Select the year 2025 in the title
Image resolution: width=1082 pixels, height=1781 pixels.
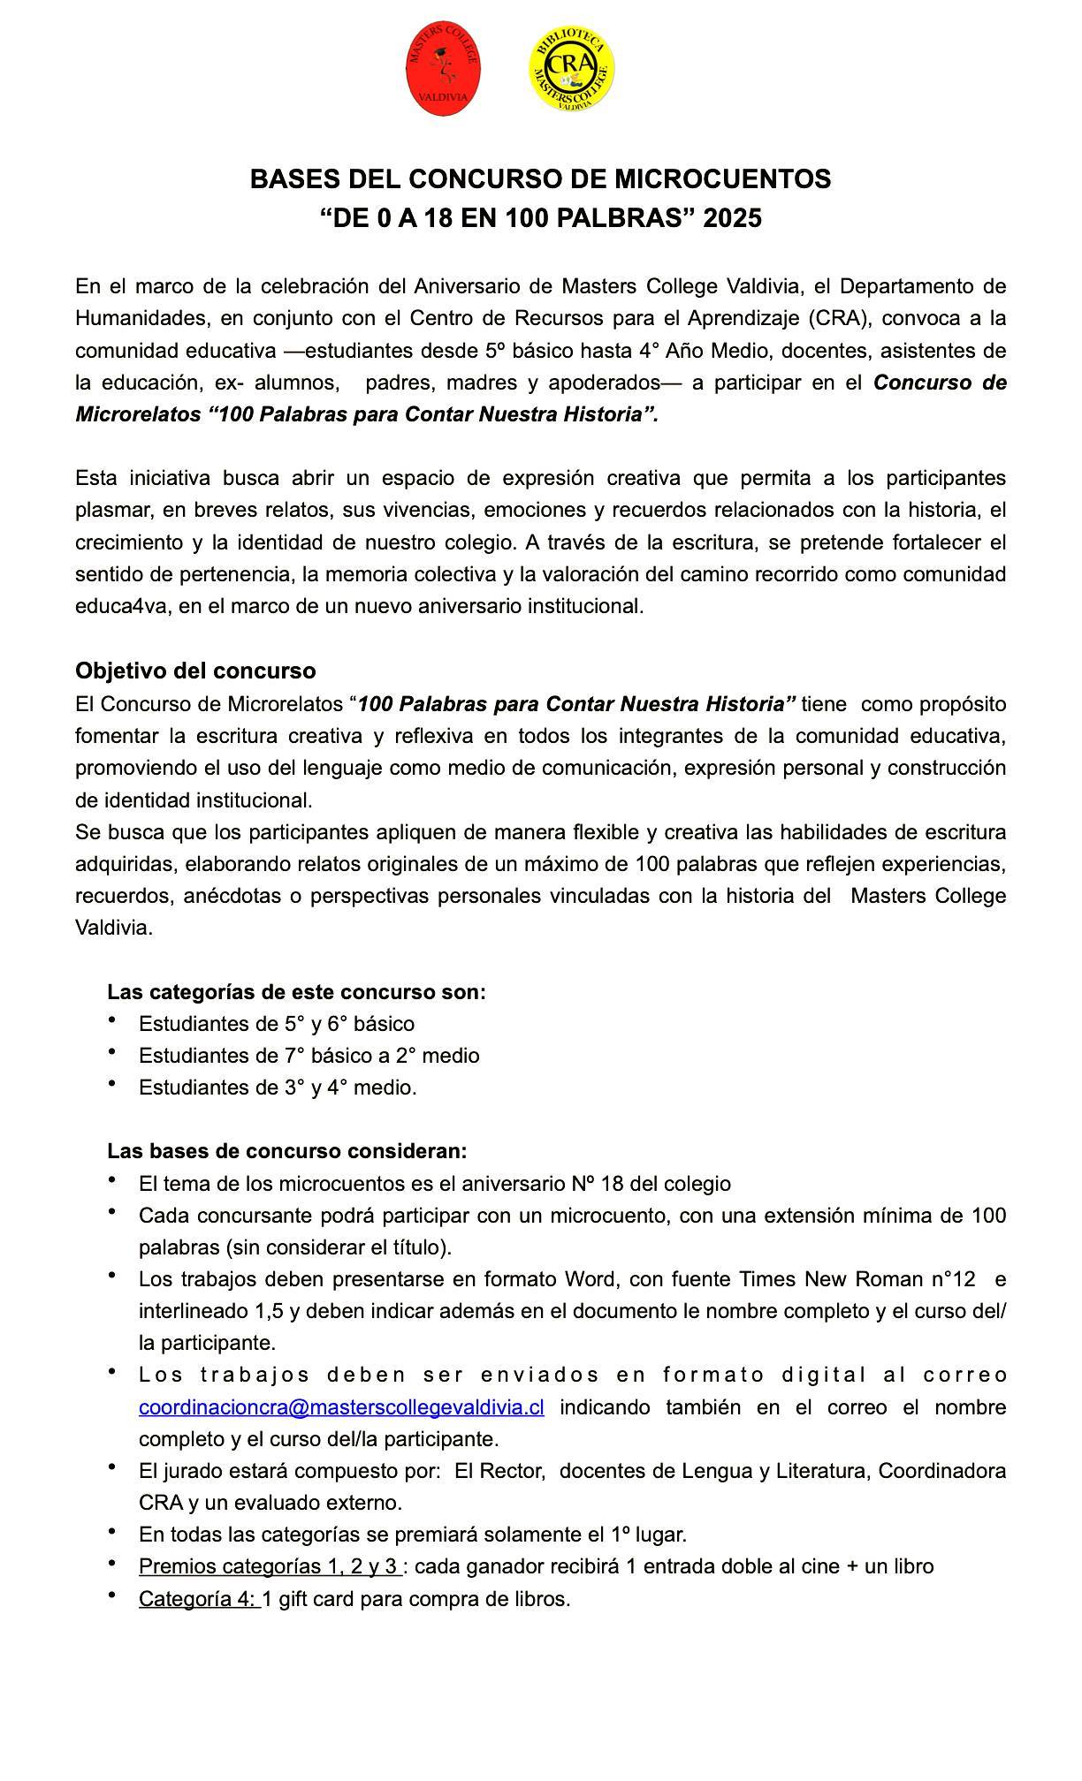click(x=732, y=217)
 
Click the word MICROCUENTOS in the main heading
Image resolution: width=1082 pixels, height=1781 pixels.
click(x=722, y=179)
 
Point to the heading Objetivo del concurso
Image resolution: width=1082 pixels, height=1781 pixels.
click(x=195, y=671)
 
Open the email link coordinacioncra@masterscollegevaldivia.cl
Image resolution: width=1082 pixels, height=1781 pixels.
click(x=341, y=1406)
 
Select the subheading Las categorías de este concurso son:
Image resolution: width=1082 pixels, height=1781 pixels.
click(x=296, y=991)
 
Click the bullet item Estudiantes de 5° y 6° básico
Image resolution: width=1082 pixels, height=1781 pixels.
click(x=276, y=1023)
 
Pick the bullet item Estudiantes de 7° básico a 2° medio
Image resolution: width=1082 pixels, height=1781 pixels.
click(x=309, y=1055)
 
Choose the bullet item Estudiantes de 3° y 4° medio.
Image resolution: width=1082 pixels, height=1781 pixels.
click(x=278, y=1087)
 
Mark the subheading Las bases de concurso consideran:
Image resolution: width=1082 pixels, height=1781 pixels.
click(x=286, y=1151)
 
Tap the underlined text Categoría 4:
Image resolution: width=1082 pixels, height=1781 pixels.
click(x=199, y=1598)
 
